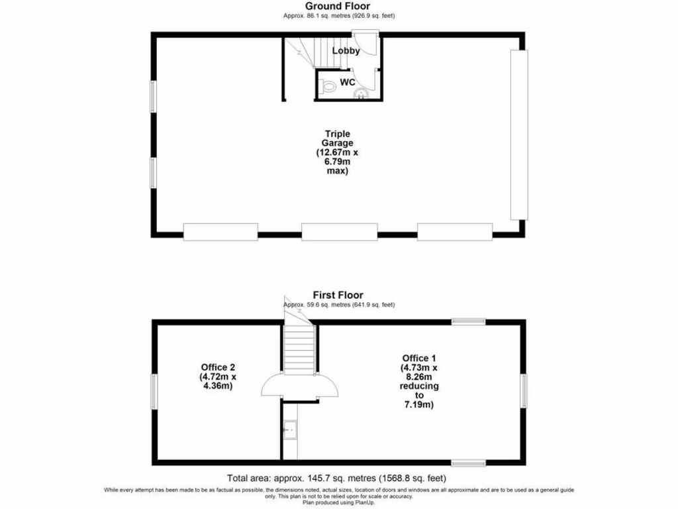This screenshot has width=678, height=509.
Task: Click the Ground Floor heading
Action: pos(338,7)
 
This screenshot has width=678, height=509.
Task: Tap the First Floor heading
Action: pos(338,295)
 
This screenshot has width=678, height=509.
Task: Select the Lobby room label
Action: pos(346,51)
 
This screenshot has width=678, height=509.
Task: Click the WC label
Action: pos(347,82)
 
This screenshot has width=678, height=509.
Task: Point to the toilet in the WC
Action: pos(328,87)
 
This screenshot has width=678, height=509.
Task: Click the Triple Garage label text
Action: pos(338,152)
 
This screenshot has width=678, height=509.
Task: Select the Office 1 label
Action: pos(418,382)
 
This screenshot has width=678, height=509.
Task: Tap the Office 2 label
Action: pos(218,376)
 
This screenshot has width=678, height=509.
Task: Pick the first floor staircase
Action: pos(298,347)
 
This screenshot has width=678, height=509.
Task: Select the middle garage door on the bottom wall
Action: pos(339,231)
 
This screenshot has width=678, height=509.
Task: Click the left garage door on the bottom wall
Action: pos(220,231)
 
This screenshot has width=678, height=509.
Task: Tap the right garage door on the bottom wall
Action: pos(455,231)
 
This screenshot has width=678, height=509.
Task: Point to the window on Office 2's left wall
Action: pos(154,391)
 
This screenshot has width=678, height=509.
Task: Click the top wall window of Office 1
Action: pos(468,322)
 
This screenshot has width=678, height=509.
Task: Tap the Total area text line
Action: pos(337,478)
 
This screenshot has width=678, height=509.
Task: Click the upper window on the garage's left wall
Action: pos(153,96)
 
